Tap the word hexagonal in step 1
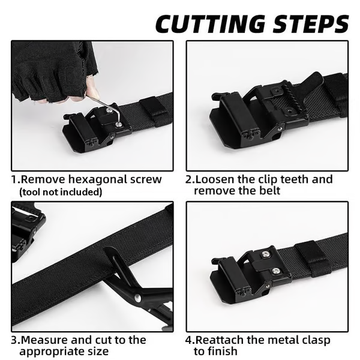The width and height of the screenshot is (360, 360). point(93,179)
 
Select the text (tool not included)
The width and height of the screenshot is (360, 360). point(61,192)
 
